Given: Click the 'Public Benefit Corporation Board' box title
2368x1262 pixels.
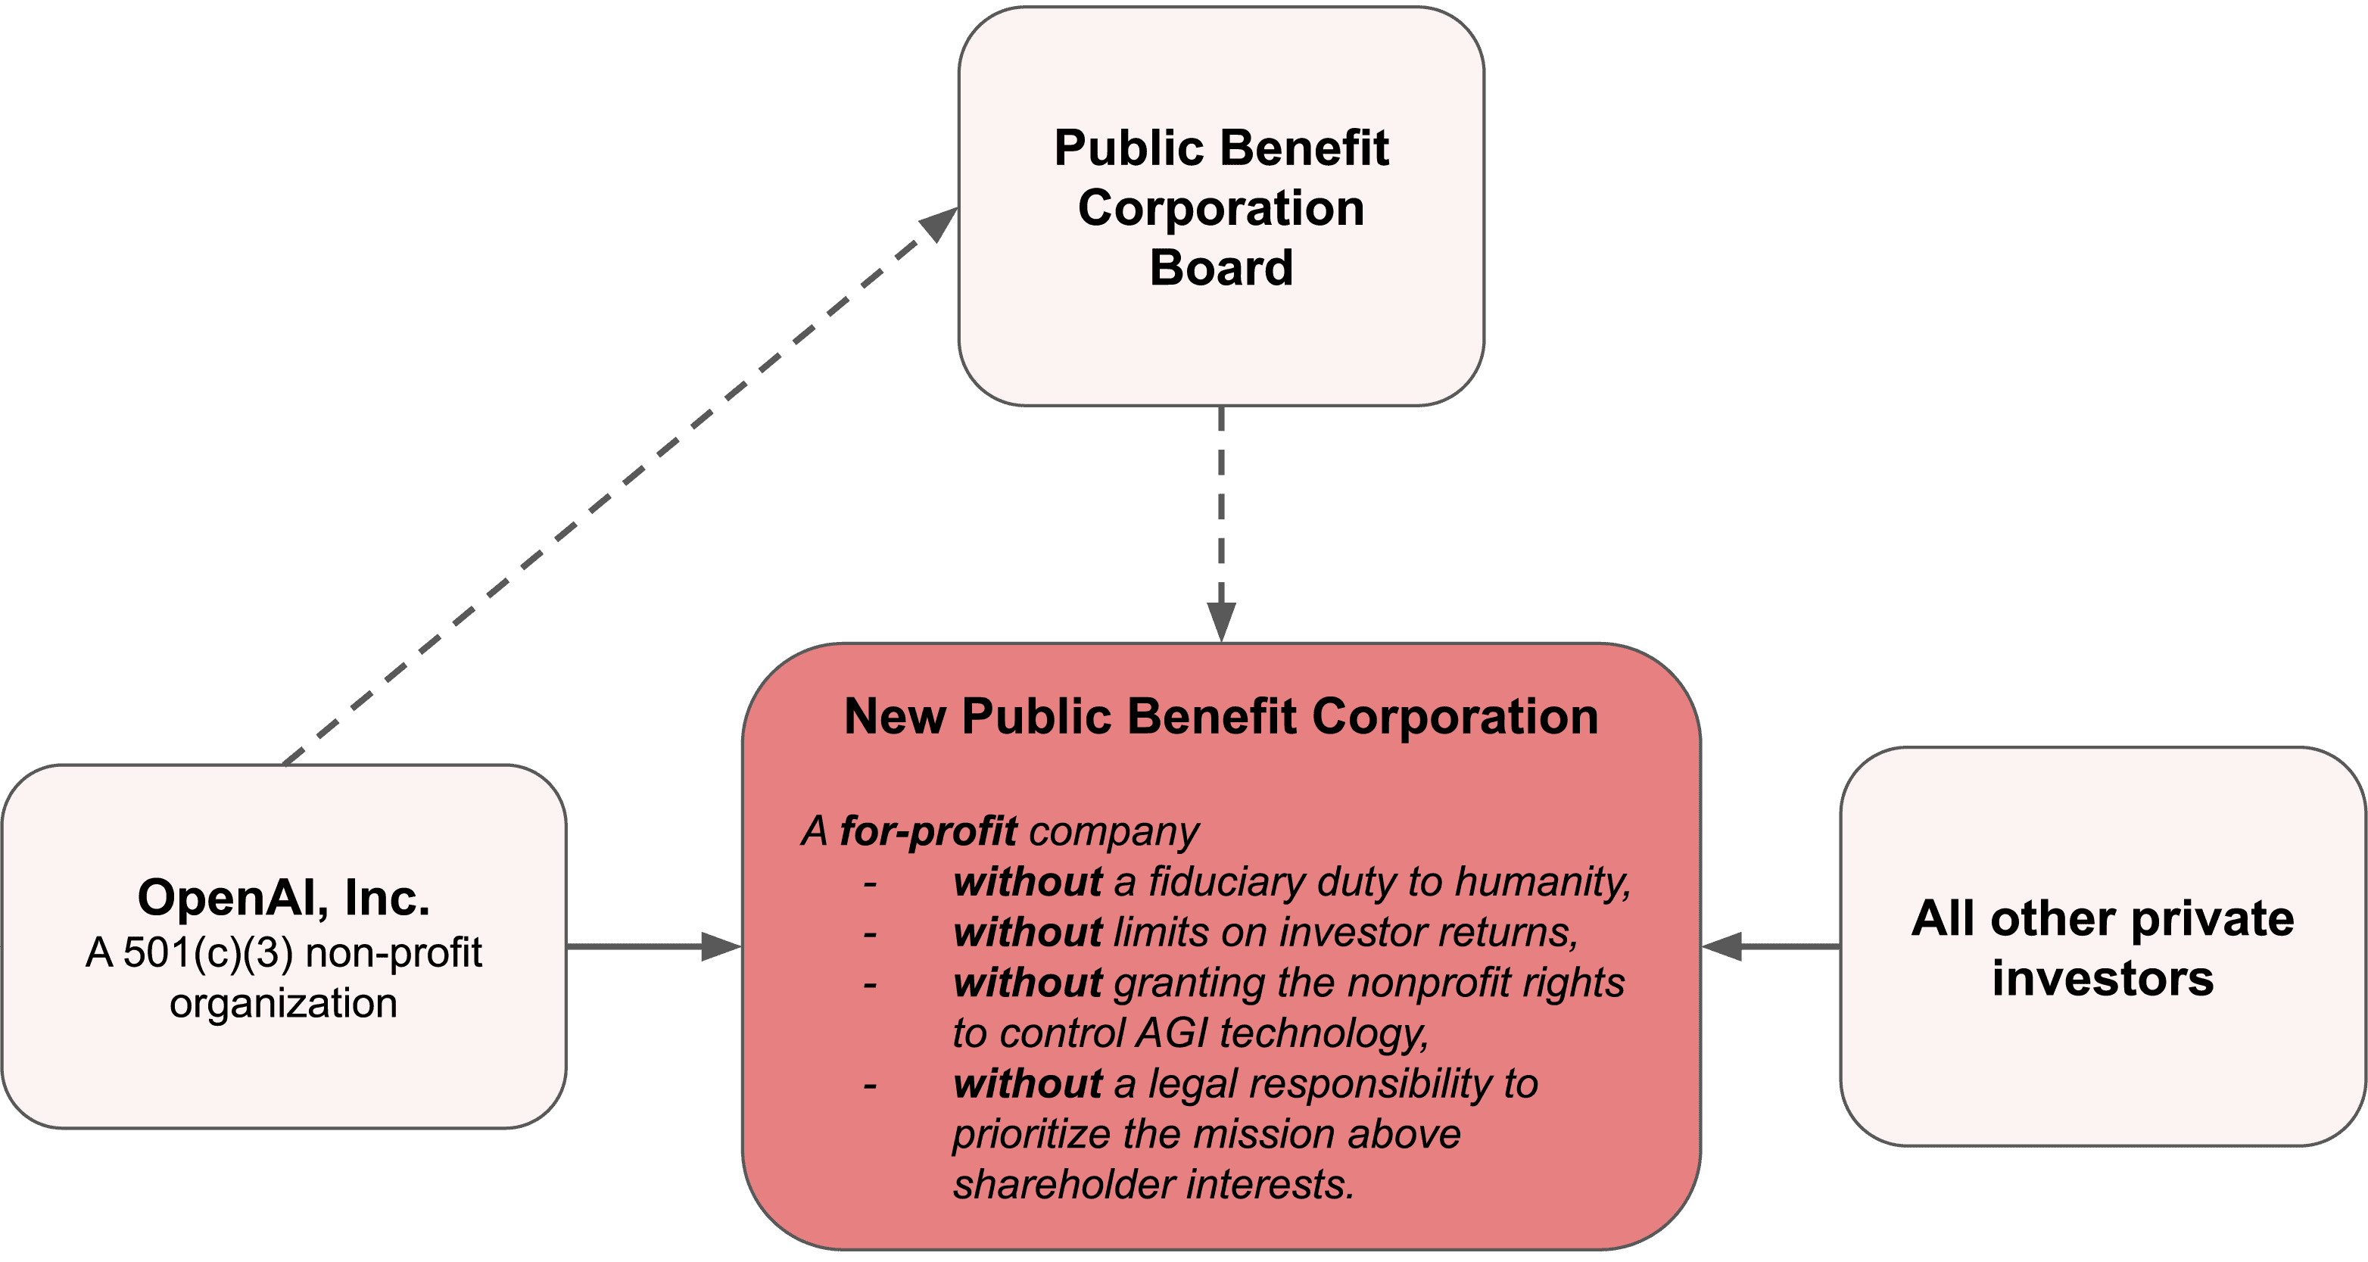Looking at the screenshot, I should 1221,207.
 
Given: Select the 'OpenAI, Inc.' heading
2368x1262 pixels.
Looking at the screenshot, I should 283,898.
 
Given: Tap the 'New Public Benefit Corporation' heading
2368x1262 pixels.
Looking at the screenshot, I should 1221,716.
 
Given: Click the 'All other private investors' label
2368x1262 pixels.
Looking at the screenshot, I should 2102,947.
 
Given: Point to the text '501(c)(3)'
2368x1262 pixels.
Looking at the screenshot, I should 207,953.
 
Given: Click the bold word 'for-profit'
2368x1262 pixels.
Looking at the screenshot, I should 928,831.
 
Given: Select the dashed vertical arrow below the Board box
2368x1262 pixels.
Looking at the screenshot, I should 1221,524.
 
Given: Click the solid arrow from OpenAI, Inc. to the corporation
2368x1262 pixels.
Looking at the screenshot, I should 653,946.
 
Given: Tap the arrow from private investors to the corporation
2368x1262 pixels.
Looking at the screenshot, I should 1771,946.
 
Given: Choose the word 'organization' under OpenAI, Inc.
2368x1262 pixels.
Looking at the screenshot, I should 283,1004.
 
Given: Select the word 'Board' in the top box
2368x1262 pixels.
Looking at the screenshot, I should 1221,267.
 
